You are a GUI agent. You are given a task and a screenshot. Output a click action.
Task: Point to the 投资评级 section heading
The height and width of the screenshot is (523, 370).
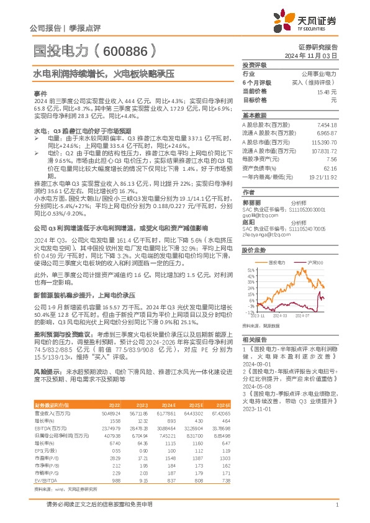[x=255, y=65]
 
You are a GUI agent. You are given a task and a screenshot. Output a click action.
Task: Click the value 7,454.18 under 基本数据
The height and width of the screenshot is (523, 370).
[x=327, y=125]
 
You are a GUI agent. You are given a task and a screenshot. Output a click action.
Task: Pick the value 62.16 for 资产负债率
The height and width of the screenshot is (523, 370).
[x=330, y=168]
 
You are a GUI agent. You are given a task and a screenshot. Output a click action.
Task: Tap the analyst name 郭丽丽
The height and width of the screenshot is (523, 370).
[x=251, y=202]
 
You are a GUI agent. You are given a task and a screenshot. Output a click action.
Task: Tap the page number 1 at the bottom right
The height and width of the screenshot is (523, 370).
[x=336, y=506]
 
